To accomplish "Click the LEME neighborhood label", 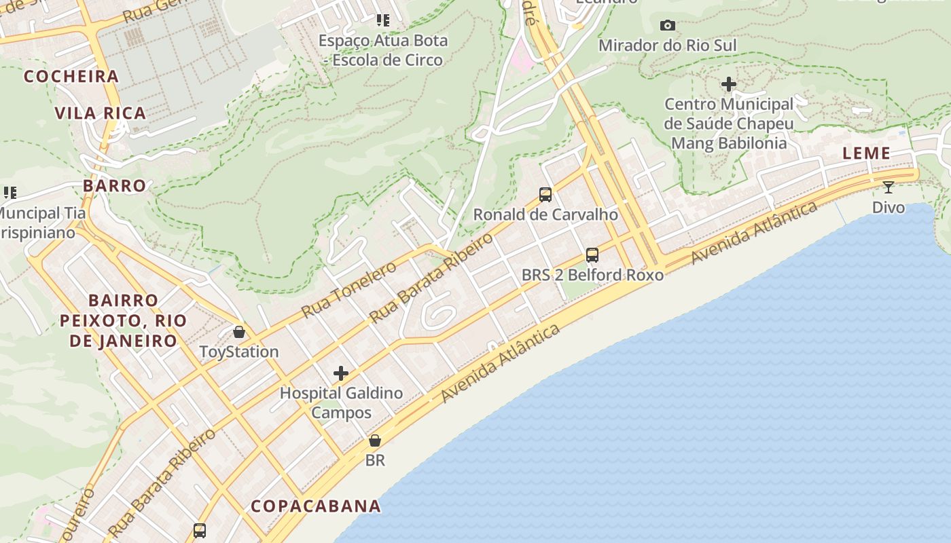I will click(866, 153).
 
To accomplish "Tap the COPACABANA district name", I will click(316, 506).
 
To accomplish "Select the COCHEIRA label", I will click(71, 77).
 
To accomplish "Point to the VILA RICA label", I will click(101, 113).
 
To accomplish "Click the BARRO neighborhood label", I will click(115, 186).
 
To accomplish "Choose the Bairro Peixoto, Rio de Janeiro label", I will click(123, 320).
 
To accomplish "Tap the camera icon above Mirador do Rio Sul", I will click(668, 26).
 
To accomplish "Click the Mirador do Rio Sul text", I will click(667, 45).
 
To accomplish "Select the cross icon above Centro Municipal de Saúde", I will click(729, 84).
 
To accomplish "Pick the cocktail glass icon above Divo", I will click(889, 187).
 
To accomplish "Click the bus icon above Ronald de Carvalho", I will click(545, 195).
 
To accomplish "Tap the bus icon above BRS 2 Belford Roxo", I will click(592, 255).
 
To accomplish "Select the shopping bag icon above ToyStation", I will click(239, 332).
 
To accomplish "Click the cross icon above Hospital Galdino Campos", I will click(341, 373).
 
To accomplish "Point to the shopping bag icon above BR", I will click(374, 441).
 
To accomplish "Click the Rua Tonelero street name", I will click(348, 290).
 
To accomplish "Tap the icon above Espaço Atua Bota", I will click(383, 20).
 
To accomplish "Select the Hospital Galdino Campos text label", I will click(341, 402).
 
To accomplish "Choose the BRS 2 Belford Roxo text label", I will click(592, 275).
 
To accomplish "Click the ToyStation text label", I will click(239, 352).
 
